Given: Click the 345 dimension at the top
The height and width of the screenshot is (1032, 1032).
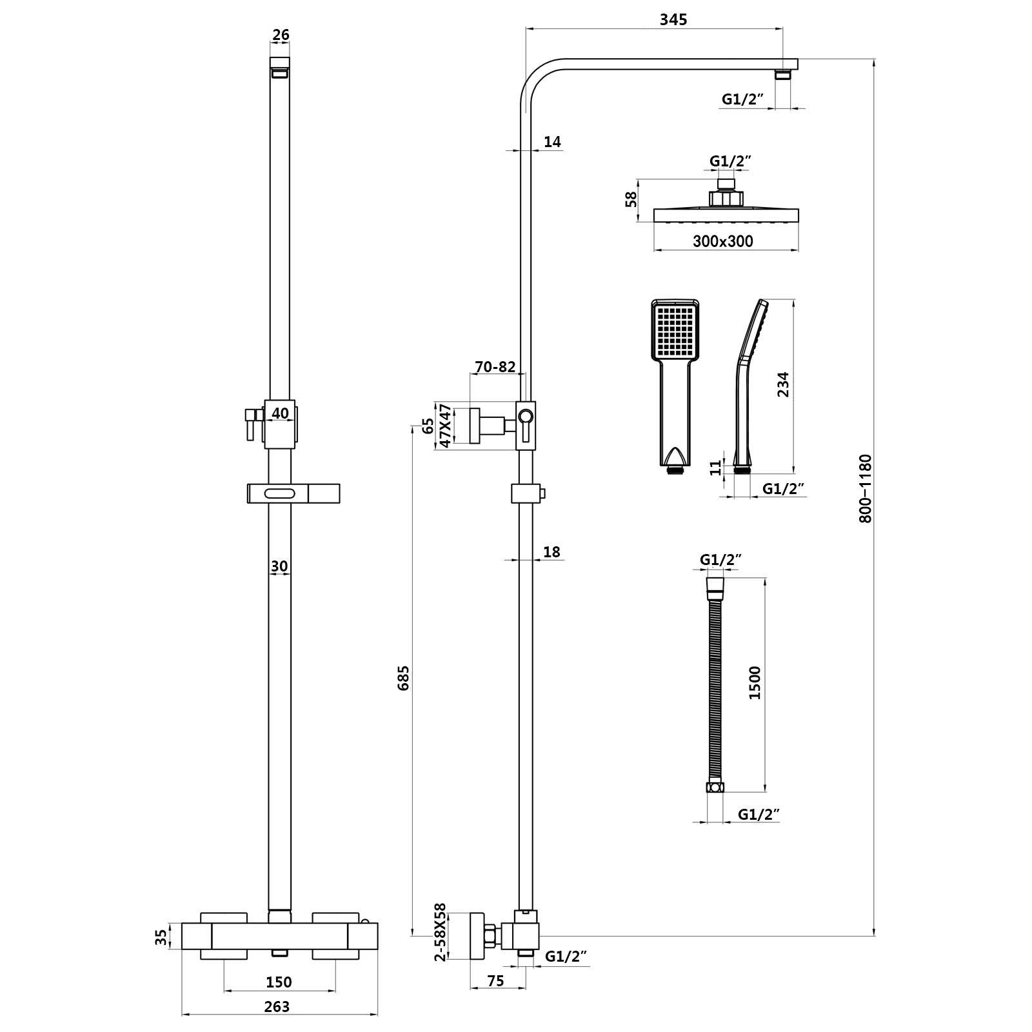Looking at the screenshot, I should click(673, 20).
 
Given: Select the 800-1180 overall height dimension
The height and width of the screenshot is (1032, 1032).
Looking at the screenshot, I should click(865, 488).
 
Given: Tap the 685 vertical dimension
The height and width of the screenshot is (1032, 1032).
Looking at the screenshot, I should click(404, 678).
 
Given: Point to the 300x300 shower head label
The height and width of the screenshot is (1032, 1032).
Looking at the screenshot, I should click(722, 241).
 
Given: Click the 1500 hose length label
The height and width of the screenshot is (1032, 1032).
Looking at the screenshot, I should click(755, 682).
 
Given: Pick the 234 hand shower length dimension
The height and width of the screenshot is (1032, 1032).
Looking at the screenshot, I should click(782, 385).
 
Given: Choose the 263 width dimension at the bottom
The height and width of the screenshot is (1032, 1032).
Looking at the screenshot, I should click(277, 1006).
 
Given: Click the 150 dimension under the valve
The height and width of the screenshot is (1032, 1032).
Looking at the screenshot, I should click(279, 982).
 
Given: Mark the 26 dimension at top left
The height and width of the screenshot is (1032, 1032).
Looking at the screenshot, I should click(281, 35).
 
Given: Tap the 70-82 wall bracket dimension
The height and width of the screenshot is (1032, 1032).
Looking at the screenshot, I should click(495, 367).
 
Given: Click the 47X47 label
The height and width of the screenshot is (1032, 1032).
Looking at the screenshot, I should click(444, 426).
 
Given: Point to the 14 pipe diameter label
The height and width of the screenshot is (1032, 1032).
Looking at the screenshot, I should click(552, 142).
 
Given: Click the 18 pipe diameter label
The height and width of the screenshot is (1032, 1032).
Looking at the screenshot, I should click(552, 551).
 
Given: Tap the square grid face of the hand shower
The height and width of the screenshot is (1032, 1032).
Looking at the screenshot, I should click(675, 333).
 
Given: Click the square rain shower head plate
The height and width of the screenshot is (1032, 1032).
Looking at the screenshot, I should click(726, 215).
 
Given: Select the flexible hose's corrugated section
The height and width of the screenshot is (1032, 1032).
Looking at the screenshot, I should click(715, 690).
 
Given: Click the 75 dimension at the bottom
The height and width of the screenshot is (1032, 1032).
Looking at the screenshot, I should click(495, 981).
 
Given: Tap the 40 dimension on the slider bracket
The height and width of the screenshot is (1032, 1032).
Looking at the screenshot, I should click(280, 413).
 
